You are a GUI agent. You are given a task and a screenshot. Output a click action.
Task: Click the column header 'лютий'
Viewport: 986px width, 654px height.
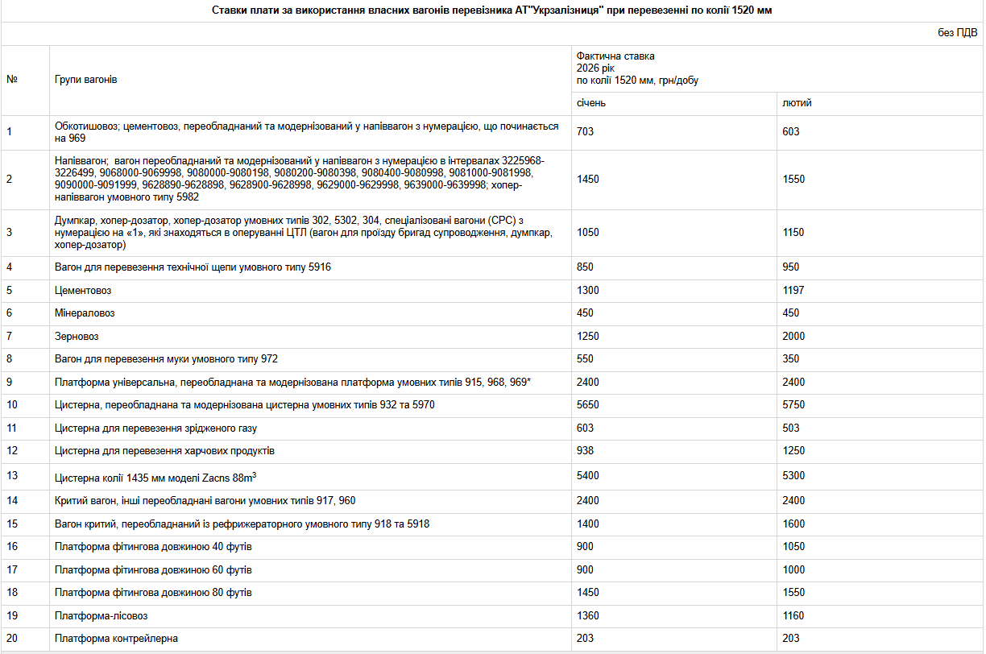pyautogui.click(x=797, y=104)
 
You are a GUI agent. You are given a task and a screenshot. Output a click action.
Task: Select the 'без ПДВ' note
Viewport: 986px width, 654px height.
pyautogui.click(x=957, y=33)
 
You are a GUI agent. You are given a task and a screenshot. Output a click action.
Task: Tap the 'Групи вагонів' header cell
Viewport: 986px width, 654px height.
pyautogui.click(x=86, y=81)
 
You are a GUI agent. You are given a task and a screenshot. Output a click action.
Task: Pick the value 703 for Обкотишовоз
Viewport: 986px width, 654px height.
pyautogui.click(x=585, y=132)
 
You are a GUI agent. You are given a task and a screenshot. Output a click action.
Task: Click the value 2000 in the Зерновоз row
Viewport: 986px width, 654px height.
pyautogui.click(x=793, y=336)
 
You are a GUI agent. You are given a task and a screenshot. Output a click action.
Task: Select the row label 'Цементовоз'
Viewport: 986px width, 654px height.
pyautogui.click(x=82, y=290)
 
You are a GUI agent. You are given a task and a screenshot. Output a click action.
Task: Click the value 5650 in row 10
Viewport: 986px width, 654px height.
pyautogui.click(x=588, y=405)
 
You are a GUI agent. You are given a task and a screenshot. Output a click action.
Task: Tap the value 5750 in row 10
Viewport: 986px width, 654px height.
pyautogui.click(x=793, y=405)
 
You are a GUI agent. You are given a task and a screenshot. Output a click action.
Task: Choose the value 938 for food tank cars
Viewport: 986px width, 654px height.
pyautogui.click(x=585, y=451)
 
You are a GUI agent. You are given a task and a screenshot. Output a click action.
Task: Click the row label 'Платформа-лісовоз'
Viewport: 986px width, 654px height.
pyautogui.click(x=101, y=616)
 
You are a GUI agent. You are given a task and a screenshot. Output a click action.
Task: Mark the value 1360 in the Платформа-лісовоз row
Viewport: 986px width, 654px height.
pyautogui.click(x=588, y=616)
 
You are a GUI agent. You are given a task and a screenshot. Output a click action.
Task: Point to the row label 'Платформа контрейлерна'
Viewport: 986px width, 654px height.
pyautogui.click(x=116, y=639)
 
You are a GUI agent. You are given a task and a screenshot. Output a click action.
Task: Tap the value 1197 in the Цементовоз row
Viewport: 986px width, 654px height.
pyautogui.click(x=793, y=290)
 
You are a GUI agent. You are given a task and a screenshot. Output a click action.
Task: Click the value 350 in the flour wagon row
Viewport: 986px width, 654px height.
pyautogui.click(x=791, y=359)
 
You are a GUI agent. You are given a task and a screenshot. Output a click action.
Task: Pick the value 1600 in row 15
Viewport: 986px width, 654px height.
pyautogui.click(x=793, y=524)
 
